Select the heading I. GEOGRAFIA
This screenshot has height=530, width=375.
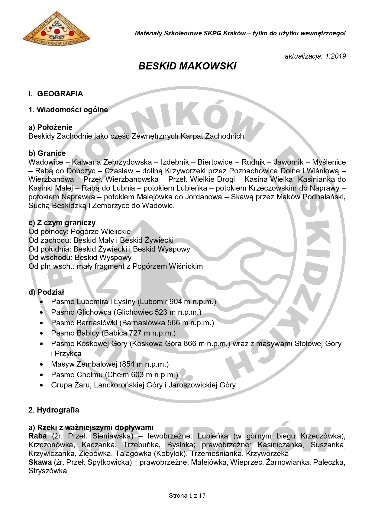click(56, 94)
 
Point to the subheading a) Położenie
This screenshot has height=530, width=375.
click(50, 127)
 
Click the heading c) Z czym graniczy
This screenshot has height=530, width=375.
click(62, 223)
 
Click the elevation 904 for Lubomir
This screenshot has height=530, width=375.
click(176, 302)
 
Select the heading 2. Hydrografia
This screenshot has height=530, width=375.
click(53, 410)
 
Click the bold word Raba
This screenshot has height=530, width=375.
click(37, 436)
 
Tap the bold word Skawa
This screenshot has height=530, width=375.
click(40, 462)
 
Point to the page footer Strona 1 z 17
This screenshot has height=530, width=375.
click(187, 496)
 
